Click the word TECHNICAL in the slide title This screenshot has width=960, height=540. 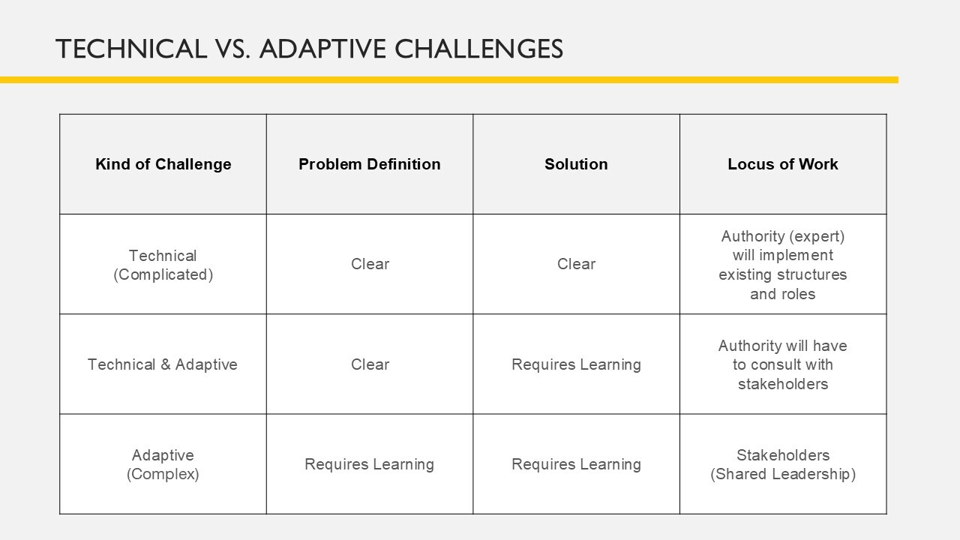[x=131, y=49]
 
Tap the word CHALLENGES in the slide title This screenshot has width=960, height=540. [x=478, y=49]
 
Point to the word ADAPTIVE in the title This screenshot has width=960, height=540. [x=322, y=49]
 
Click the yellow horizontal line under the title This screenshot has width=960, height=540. [x=449, y=80]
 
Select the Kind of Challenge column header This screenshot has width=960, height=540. [x=163, y=164]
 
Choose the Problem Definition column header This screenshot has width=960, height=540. [x=370, y=164]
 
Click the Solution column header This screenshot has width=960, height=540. [x=576, y=164]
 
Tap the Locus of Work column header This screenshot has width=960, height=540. [x=782, y=164]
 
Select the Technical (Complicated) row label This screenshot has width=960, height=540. [x=163, y=265]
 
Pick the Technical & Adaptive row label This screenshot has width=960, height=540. [x=163, y=364]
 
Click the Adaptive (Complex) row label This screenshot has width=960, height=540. [x=163, y=464]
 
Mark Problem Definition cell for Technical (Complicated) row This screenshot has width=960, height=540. [x=370, y=264]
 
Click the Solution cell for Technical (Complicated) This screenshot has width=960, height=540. [x=576, y=264]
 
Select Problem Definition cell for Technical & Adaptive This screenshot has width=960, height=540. [x=370, y=364]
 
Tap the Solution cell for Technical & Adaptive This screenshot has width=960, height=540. [x=576, y=364]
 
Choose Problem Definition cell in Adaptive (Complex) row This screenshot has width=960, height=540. [x=370, y=464]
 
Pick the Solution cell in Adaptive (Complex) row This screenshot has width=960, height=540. [x=576, y=464]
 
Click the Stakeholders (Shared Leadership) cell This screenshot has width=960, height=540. [x=783, y=464]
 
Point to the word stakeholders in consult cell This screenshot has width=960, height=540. [x=783, y=384]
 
